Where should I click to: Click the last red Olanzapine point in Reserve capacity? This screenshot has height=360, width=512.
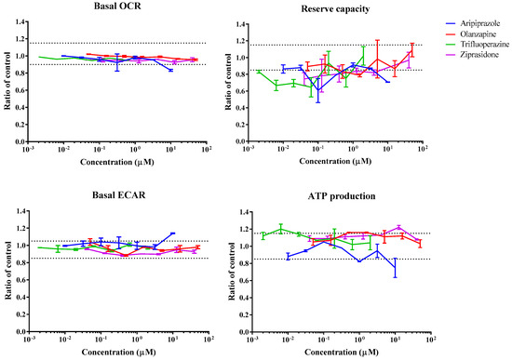point(411,51)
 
